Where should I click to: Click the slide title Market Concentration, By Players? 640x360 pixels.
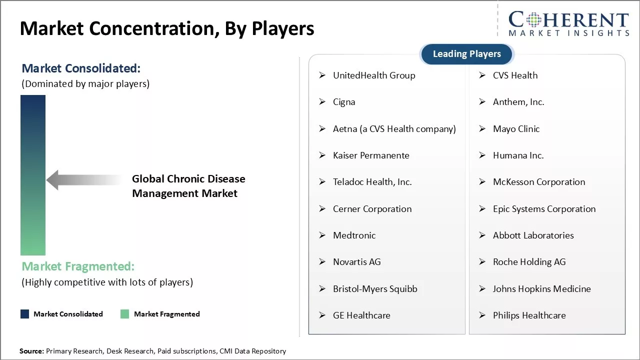coord(167,28)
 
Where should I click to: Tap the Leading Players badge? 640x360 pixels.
coord(466,54)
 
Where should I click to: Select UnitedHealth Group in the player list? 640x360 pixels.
coord(373,75)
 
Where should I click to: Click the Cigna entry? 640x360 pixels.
coord(344,102)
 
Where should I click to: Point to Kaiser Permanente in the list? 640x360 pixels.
coord(371,155)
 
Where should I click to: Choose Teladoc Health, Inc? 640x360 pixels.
coord(372,182)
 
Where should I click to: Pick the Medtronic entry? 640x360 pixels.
coord(354,235)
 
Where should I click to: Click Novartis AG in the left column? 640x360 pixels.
coord(356,262)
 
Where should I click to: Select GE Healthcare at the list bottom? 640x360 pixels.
coord(361,315)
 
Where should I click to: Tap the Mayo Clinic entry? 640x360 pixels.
coord(516,129)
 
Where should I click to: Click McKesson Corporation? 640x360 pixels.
coord(538,182)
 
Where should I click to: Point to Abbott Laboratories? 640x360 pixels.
coord(533,235)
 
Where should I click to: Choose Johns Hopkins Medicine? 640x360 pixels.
coord(541,289)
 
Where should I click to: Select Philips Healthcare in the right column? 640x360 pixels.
coord(529,315)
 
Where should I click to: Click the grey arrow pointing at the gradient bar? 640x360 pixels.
coord(82,180)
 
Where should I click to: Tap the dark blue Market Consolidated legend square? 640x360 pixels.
coord(24,314)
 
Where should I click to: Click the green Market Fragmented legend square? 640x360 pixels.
coord(125,314)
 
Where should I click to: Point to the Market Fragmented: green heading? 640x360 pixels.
coord(78,266)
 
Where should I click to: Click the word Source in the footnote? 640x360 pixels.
coord(31,351)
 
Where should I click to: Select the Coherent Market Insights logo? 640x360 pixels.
coord(568,23)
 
